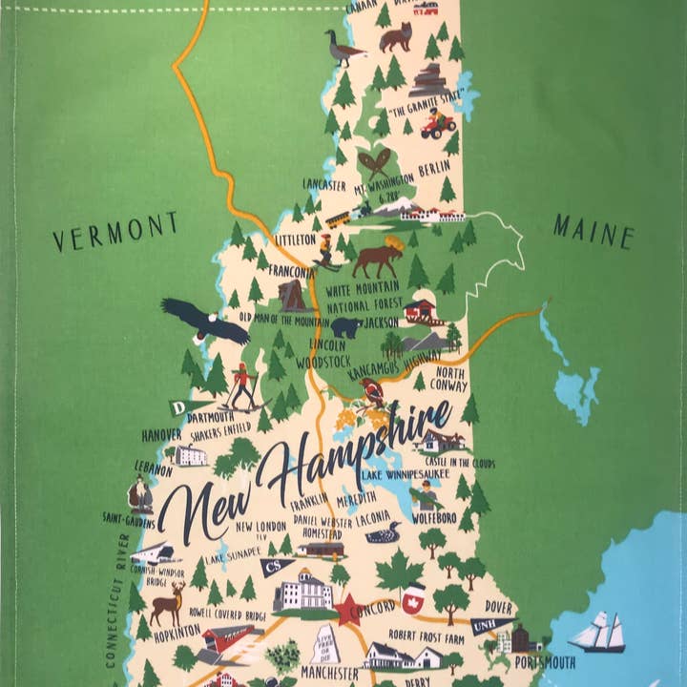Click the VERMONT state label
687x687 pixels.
tap(114, 232)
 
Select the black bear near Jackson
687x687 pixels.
tap(345, 327)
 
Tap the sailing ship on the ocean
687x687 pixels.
tap(597, 632)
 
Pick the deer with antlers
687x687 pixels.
tap(169, 604)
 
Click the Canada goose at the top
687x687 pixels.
tap(343, 47)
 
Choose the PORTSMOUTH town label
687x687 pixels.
tap(544, 662)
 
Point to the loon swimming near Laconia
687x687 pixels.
tap(383, 532)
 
